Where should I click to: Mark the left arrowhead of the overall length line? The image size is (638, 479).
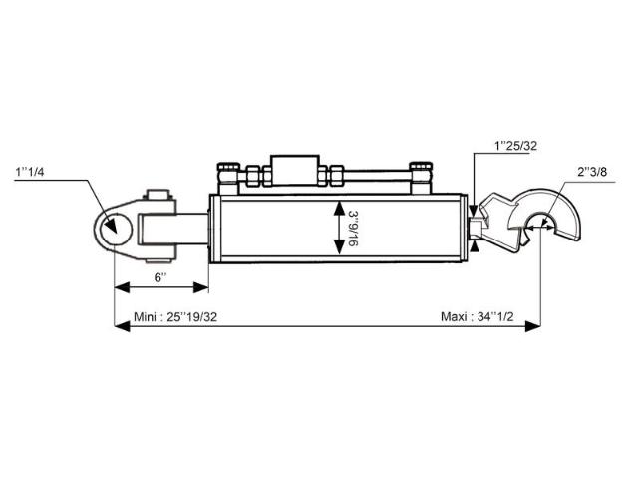(x=121, y=326)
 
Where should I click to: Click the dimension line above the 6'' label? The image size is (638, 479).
(x=161, y=288)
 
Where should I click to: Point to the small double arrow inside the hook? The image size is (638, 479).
(x=538, y=229)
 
